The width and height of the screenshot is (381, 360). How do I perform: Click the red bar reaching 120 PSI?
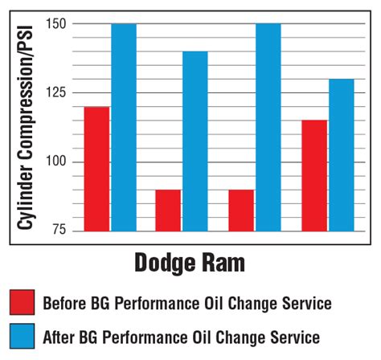point(96,169)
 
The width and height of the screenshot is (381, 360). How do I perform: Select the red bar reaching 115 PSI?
point(314,175)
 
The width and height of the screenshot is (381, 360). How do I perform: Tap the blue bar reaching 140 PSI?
point(195,141)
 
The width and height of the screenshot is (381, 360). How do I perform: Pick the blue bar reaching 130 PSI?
point(341,155)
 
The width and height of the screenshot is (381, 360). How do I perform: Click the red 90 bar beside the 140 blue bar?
point(168,210)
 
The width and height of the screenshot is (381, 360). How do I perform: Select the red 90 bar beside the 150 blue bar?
point(241,210)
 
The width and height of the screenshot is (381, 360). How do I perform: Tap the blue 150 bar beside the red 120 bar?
point(123,127)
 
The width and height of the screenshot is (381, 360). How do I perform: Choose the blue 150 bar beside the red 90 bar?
point(268,127)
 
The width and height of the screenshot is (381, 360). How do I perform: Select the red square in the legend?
point(23,302)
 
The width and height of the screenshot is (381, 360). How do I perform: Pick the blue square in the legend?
point(23,336)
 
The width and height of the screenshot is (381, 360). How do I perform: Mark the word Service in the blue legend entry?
point(297,337)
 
